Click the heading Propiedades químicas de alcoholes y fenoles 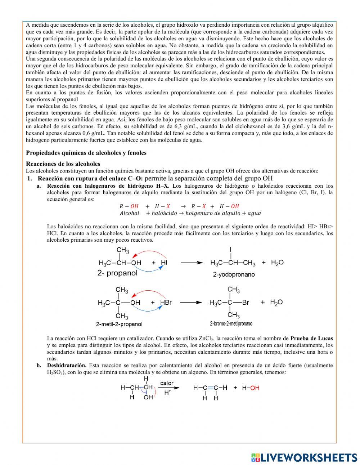tap(86, 153)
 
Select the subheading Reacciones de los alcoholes tap(63, 164)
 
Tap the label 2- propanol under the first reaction tap(117, 273)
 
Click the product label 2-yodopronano tap(234, 274)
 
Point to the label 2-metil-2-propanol tap(119, 324)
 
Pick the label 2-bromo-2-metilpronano tap(231, 323)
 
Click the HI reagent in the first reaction tap(164, 263)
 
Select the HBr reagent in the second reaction tap(166, 303)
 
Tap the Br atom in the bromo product tap(246, 303)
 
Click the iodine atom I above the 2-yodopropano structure tap(230, 249)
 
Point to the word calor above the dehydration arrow tap(167, 384)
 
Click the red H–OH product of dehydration tap(251, 388)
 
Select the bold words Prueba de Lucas tap(311, 338)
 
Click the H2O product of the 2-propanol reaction tap(277, 263)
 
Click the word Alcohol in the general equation tap(129, 213)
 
